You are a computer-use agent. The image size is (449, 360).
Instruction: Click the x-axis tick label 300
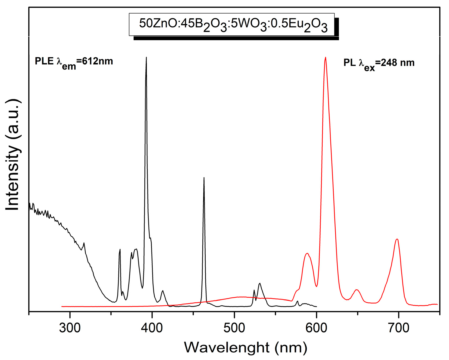(x=70, y=328)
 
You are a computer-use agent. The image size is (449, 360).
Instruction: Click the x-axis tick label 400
(x=152, y=328)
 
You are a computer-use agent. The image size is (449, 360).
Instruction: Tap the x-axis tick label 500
(x=234, y=328)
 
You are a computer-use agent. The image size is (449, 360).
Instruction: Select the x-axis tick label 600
(x=316, y=328)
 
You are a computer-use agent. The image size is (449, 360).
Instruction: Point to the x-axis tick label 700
(x=399, y=328)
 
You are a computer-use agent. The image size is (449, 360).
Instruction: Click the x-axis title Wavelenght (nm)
(x=246, y=347)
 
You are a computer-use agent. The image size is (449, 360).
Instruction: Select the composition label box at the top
(x=232, y=24)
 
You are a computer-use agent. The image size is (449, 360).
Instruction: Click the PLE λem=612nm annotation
(x=74, y=62)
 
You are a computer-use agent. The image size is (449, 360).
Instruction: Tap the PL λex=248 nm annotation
(x=379, y=63)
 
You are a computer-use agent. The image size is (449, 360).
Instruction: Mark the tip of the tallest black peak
(x=146, y=57)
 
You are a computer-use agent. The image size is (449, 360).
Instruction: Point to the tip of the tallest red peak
(x=325, y=57)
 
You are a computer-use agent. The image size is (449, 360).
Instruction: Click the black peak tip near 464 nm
(x=204, y=178)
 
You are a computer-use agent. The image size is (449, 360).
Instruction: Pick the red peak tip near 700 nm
(x=397, y=239)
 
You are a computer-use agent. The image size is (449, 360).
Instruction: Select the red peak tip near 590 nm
(x=307, y=253)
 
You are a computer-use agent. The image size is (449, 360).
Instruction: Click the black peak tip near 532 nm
(x=260, y=283)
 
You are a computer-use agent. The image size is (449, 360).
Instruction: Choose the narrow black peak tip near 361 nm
(x=120, y=249)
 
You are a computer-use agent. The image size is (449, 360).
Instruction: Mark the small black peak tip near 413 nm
(x=163, y=290)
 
